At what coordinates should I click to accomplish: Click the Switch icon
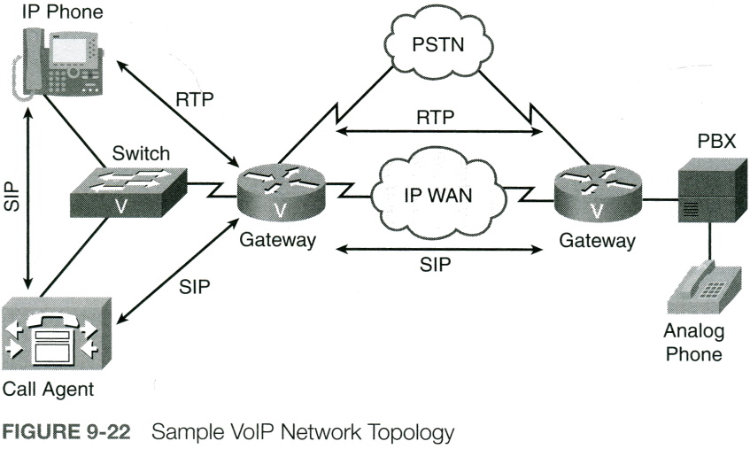(128, 190)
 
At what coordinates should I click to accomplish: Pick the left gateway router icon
(281, 193)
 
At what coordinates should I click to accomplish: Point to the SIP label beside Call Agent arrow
(194, 286)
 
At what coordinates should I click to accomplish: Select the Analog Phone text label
(693, 343)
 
